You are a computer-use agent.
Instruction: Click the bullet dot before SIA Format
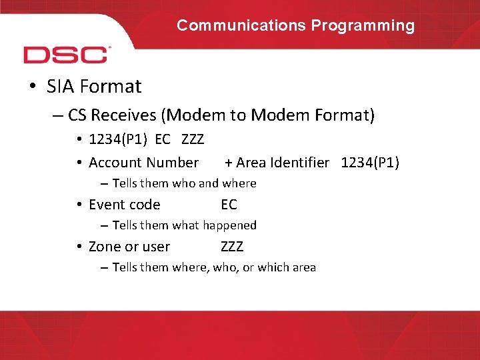(x=33, y=87)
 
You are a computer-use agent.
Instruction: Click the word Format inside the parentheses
(x=339, y=116)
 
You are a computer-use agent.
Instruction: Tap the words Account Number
(x=143, y=163)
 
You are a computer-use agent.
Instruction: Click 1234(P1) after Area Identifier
(x=370, y=163)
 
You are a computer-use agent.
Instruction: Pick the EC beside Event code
(x=229, y=205)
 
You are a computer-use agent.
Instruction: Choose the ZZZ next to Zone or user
(x=232, y=247)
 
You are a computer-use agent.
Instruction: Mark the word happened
(x=229, y=225)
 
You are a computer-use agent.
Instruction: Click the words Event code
(x=125, y=205)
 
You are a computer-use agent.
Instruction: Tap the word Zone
(x=103, y=247)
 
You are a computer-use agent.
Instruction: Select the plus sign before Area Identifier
(x=229, y=163)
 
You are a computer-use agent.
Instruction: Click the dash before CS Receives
(x=58, y=116)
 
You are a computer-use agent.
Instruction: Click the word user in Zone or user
(x=156, y=247)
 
